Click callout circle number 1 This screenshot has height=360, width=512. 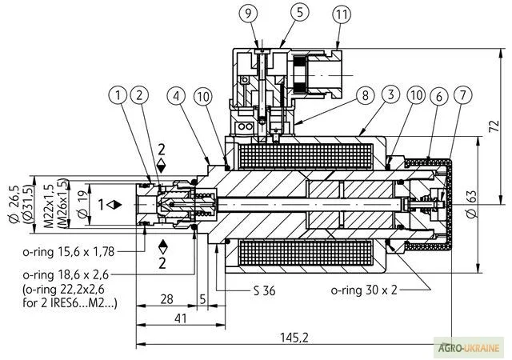click(x=120, y=95)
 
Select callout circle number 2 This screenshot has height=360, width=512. click(x=139, y=95)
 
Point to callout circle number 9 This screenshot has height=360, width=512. click(x=249, y=13)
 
